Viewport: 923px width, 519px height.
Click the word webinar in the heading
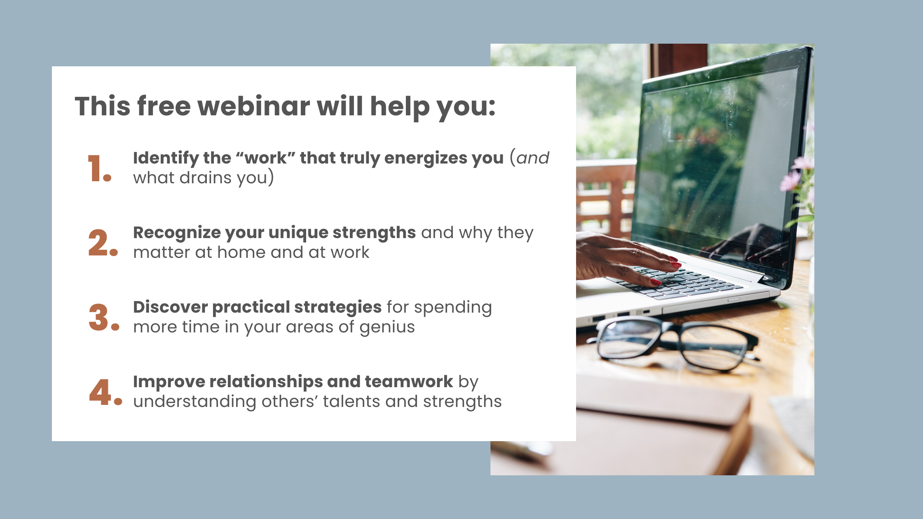(x=254, y=106)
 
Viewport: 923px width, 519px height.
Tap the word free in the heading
(x=164, y=106)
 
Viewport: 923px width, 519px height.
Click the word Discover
(x=170, y=307)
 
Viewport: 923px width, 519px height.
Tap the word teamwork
(x=408, y=382)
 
